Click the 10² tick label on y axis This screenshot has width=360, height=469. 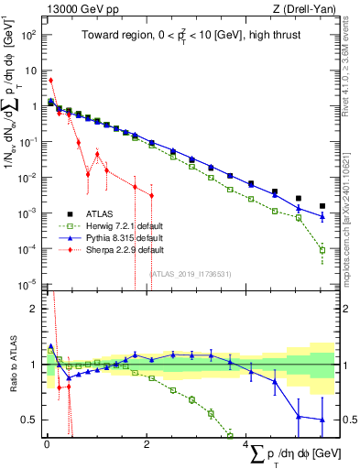click(27, 35)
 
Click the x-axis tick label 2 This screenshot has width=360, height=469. click(150, 446)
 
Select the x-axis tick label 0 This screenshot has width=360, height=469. click(47, 446)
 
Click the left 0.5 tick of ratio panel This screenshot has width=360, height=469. click(31, 420)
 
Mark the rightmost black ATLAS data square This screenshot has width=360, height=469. click(322, 206)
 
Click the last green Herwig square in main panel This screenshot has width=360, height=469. click(322, 249)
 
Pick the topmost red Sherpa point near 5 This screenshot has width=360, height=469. click(50, 81)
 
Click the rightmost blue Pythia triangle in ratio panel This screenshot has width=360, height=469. click(322, 420)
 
